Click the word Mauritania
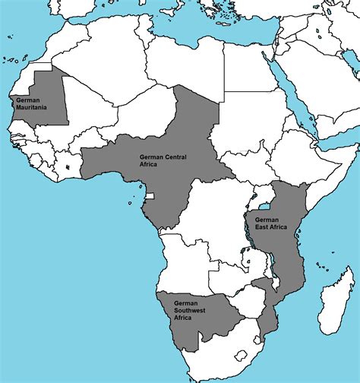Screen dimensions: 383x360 pyautogui.click(x=30, y=107)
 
